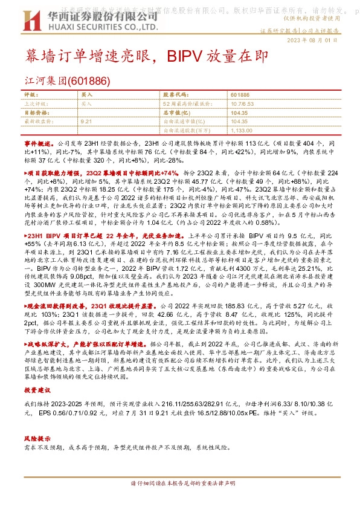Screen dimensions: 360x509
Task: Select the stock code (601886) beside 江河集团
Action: tap(89, 80)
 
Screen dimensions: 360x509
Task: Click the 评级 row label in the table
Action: tap(30, 95)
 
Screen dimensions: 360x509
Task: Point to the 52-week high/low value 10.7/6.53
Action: tap(242, 103)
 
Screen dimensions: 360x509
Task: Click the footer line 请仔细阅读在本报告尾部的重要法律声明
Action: tap(183, 501)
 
